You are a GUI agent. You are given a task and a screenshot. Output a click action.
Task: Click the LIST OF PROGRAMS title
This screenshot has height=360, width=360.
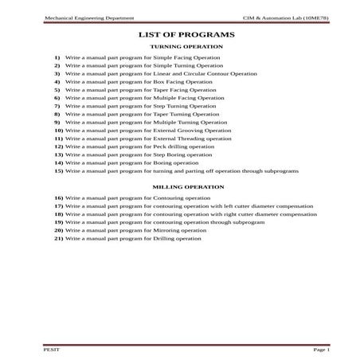point(186,35)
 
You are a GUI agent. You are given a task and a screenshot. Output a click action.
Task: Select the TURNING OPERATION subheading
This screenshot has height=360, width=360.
point(186,48)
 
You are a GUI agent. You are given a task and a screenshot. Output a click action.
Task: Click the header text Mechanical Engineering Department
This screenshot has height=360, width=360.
point(78,16)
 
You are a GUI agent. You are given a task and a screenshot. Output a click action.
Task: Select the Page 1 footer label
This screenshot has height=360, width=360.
point(321,349)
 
